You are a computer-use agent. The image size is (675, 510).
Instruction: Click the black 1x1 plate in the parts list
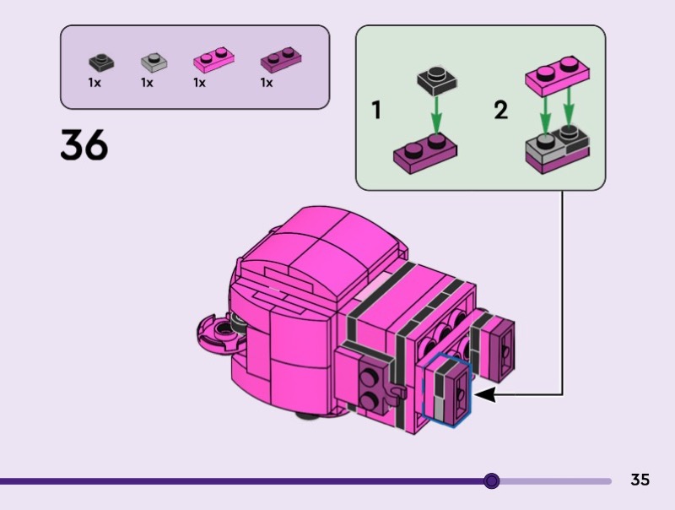point(101,62)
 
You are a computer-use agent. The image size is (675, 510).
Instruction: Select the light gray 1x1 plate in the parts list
point(154,62)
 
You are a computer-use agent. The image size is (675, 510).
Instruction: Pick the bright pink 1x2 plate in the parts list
point(214,59)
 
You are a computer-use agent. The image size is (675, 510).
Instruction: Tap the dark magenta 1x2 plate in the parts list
point(281,59)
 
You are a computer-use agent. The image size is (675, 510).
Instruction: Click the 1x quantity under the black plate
point(94,82)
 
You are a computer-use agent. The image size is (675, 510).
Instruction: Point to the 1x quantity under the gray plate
point(147,82)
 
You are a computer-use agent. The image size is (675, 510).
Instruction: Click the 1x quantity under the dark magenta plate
point(267,82)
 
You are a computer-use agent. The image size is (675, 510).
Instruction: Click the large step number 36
point(84,144)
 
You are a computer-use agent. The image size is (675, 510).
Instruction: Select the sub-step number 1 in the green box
point(376,110)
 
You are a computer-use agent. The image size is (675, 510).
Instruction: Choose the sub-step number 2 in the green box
point(501,110)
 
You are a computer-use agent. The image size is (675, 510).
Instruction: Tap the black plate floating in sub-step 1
point(437,80)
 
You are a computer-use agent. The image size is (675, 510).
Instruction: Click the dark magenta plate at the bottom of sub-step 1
point(425,153)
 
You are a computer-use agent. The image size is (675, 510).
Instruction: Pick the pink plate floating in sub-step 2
point(557,76)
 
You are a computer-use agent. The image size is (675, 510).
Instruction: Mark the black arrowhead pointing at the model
point(484,394)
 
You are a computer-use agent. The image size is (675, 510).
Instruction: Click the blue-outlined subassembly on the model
point(446,390)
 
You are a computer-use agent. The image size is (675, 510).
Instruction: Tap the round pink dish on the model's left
point(220,333)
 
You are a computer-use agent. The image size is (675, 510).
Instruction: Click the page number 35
point(640,480)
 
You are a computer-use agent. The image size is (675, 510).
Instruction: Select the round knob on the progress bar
point(492,480)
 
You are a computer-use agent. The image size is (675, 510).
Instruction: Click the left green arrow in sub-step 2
point(545,116)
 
